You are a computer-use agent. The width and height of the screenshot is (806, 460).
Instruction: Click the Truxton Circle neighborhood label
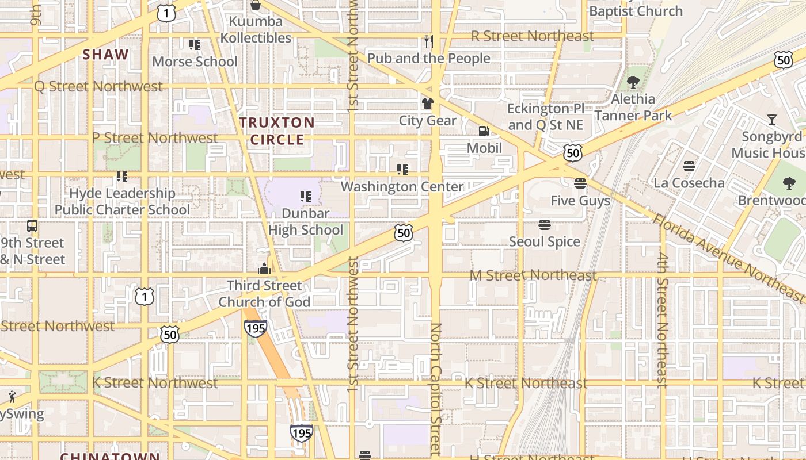point(277,131)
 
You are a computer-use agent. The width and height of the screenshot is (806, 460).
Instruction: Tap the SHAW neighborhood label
point(105,55)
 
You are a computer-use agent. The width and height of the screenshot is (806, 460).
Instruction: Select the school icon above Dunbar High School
point(305,197)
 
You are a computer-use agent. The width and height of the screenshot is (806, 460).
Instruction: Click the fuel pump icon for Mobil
point(484,131)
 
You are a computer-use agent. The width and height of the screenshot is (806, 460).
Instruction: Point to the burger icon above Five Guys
point(580,183)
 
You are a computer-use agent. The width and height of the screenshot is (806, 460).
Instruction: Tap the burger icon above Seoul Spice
point(544,224)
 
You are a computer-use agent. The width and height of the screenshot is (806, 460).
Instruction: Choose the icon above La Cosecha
point(689,166)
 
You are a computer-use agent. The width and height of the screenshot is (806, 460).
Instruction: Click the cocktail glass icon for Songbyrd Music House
point(771,120)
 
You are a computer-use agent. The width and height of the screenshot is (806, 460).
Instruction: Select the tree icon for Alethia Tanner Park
point(633,82)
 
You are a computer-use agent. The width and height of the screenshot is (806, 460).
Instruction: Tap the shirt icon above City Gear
point(427,103)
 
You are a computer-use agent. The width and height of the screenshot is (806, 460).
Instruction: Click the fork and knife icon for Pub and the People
point(428,41)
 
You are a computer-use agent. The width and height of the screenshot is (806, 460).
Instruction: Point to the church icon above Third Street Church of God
point(264,269)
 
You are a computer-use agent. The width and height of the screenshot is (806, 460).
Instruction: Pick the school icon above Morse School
point(195,44)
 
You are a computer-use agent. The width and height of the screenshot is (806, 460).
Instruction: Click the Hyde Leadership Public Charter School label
point(122,201)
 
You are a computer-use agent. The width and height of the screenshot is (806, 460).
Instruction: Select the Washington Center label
point(402,187)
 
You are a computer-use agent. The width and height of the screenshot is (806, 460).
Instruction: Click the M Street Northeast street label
point(533,275)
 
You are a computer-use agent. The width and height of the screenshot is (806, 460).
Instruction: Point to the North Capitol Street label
point(435,388)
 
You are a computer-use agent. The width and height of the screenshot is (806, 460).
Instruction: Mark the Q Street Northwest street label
point(98,87)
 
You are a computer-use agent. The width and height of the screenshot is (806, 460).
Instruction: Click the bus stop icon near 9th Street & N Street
point(32,226)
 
